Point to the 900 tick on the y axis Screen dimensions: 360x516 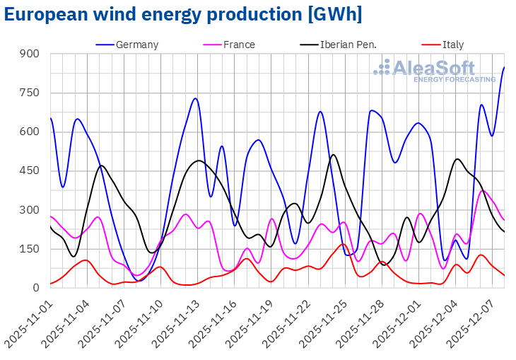point(29,54)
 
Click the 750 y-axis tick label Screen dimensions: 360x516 point(29,93)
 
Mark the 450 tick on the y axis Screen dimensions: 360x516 point(29,170)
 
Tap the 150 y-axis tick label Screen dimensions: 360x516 point(29,249)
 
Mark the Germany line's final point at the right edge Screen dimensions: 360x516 point(504,68)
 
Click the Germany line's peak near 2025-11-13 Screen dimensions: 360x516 point(195,98)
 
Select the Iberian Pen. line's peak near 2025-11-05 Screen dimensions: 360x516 point(102,166)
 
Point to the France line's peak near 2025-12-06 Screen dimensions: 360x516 point(483,191)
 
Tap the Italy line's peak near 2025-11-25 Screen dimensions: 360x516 point(343,244)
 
